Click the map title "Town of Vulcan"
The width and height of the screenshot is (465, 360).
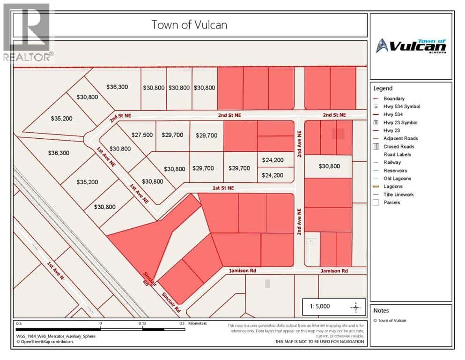[189, 25]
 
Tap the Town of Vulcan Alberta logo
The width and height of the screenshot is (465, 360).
[411, 46]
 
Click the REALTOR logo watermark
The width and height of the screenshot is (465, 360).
[27, 33]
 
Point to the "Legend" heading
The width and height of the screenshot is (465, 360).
[383, 88]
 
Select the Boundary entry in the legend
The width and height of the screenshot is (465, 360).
[394, 98]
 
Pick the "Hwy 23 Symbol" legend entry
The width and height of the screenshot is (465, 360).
[400, 122]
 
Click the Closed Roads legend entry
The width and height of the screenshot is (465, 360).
[399, 146]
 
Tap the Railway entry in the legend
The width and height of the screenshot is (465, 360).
[392, 162]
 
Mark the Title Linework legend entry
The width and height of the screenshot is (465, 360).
[399, 195]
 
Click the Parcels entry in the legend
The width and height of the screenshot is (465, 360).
[392, 202]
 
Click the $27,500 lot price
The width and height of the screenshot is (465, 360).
[142, 135]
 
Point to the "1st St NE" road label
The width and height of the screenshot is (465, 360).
[223, 188]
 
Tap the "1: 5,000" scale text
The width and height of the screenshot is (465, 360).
[320, 306]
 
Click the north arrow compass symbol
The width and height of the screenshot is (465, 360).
[356, 307]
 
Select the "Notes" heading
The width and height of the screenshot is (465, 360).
[381, 310]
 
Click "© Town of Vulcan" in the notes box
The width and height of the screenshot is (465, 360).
[390, 321]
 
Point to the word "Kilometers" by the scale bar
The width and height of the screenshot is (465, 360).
[197, 323]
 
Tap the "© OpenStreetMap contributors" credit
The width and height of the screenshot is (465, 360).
[45, 342]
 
